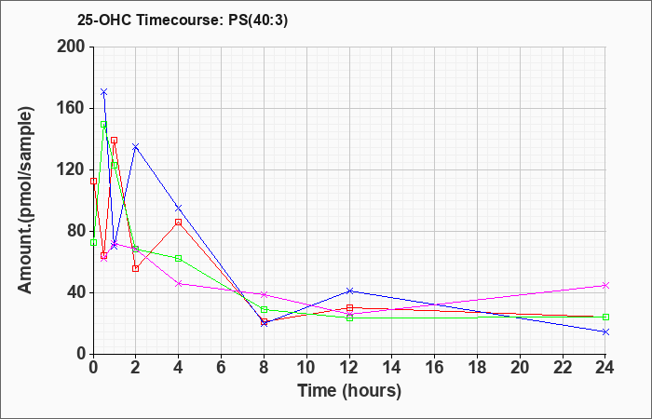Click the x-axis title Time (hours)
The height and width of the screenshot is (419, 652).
tap(349, 390)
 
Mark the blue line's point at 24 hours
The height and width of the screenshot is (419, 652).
tap(605, 331)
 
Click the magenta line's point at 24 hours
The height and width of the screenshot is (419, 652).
tap(605, 285)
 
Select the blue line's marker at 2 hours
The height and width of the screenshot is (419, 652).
tap(135, 147)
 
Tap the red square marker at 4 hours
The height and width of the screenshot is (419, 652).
tap(178, 222)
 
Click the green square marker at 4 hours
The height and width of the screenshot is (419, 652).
tap(178, 258)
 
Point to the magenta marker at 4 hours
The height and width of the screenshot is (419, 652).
tap(178, 283)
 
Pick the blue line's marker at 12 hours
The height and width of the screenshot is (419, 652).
tap(349, 291)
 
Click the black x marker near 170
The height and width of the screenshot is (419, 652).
tap(103, 92)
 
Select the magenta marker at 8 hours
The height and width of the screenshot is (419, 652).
tap(264, 294)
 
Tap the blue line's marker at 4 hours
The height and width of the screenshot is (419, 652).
tap(178, 208)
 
